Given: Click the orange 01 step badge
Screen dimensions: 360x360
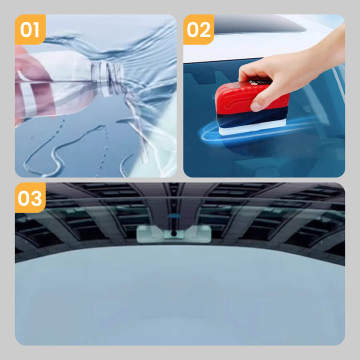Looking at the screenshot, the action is coord(30,29).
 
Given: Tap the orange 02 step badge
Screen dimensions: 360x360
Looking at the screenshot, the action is coord(198,29).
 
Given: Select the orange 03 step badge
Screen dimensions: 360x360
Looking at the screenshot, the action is coord(30,197).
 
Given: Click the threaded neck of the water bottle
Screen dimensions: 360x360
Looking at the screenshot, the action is coord(108,78).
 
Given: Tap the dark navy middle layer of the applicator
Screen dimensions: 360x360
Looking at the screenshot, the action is coord(252,118).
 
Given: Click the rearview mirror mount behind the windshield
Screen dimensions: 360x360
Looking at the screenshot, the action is coord(174,233).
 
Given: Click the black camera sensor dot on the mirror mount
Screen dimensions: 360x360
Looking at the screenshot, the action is coord(174,233).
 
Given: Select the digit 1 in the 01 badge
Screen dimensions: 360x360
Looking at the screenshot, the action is coord(35,29).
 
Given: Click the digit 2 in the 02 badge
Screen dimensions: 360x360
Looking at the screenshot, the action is coord(205,29).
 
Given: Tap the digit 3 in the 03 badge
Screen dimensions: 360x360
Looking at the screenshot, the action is coord(36,198).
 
